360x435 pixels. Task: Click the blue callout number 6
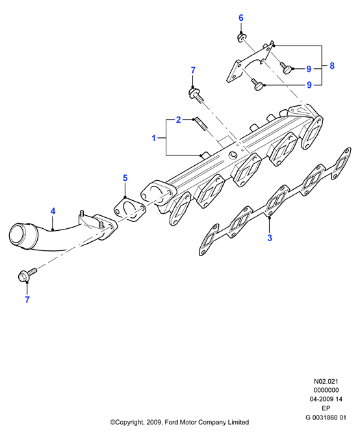point(240,18)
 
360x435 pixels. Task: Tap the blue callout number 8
point(332,66)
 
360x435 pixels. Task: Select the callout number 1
point(154,138)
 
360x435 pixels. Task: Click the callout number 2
point(178,120)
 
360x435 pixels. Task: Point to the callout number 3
point(270,237)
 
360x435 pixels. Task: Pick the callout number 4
point(53,211)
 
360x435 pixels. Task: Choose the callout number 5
point(125,178)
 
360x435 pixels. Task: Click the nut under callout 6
point(242,38)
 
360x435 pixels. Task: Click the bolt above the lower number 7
point(27,274)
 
